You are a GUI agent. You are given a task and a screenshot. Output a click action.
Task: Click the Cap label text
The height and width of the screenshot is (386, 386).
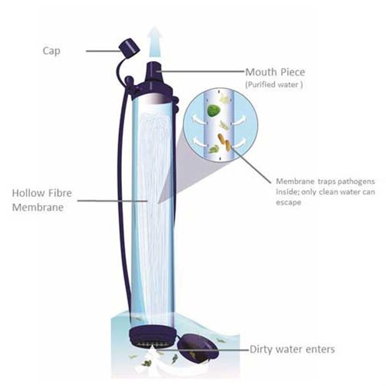[x=52, y=51]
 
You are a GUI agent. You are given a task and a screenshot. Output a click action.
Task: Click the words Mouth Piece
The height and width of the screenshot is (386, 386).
[x=275, y=72]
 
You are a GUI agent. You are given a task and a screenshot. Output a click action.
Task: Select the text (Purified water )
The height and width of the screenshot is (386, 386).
[x=274, y=85]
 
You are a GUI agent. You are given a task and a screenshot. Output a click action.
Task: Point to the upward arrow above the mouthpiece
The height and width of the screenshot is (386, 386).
[x=154, y=41]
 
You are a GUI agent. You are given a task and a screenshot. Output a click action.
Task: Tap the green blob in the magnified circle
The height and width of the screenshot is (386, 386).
[x=214, y=110]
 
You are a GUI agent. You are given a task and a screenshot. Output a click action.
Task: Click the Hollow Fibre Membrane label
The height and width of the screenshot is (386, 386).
[x=42, y=200]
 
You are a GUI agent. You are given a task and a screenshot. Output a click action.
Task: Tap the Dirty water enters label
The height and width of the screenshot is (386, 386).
[x=293, y=349]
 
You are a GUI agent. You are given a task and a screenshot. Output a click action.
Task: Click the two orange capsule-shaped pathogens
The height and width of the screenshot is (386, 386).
[x=225, y=142]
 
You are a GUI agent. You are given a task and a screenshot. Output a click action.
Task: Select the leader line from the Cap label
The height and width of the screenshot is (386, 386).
[x=103, y=51]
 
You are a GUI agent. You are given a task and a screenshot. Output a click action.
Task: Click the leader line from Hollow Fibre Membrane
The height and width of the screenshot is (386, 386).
[x=113, y=201]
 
